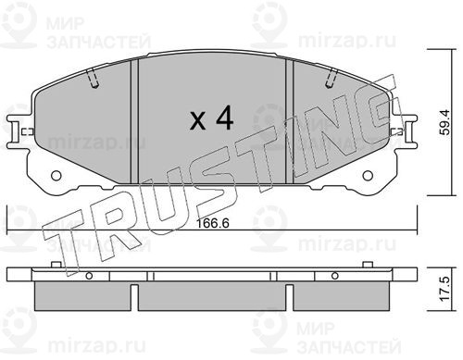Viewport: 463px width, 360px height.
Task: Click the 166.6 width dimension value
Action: (213, 223)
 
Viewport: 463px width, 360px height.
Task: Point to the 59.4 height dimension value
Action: (445, 122)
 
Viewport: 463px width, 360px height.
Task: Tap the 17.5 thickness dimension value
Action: (445, 289)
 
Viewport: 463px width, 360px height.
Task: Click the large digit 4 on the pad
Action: (225, 118)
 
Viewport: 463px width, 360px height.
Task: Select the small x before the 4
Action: (197, 120)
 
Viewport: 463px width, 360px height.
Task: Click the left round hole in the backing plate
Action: (56, 176)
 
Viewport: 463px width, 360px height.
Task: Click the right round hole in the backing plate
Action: (368, 176)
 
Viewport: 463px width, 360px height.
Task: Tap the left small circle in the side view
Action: (89, 276)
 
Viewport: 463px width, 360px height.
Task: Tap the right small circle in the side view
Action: (334, 276)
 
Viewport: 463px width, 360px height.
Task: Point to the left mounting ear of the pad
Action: (14, 131)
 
